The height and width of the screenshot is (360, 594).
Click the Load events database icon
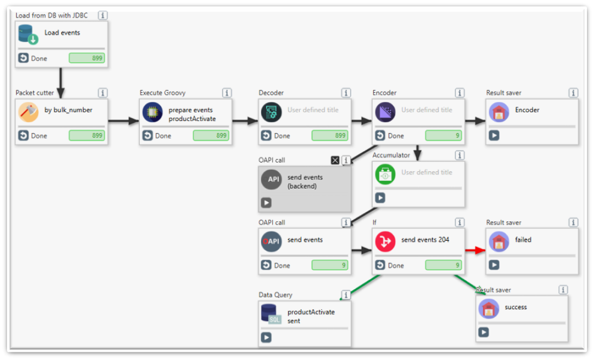click(28, 34)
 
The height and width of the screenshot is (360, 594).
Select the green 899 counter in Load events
click(87, 58)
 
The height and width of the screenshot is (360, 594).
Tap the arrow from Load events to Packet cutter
click(61, 80)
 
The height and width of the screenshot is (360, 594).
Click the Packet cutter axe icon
click(28, 112)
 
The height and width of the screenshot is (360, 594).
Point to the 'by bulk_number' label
click(68, 110)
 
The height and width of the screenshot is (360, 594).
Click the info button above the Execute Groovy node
click(227, 93)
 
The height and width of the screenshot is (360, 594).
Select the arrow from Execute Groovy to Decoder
click(245, 121)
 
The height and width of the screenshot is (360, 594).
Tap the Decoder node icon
click(272, 112)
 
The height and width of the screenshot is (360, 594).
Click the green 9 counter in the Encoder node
click(443, 135)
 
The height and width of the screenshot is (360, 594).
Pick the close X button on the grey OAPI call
click(335, 161)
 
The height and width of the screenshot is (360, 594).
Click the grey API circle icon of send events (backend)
click(272, 179)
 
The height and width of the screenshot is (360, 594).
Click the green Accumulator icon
click(385, 174)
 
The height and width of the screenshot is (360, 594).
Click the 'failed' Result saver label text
click(523, 240)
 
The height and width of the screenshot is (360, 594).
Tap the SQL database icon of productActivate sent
click(272, 314)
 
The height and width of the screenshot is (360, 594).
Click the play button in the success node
click(483, 332)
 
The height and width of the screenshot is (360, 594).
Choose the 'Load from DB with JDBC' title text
click(51, 15)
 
